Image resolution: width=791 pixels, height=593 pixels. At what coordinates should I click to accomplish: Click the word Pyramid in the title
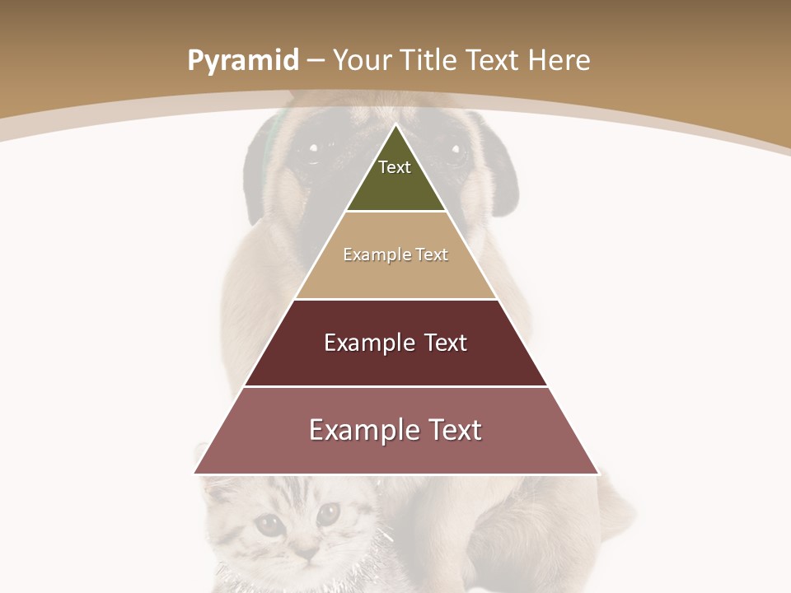click(x=242, y=61)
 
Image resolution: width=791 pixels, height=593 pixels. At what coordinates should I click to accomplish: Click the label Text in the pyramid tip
click(x=394, y=167)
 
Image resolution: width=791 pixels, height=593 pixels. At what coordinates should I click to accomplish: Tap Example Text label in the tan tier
click(x=395, y=254)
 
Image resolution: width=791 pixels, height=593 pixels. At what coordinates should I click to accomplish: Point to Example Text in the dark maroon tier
click(x=395, y=343)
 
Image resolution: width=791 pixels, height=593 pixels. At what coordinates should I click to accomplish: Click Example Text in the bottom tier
click(x=395, y=430)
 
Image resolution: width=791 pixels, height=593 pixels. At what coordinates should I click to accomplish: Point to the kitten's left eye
click(x=268, y=524)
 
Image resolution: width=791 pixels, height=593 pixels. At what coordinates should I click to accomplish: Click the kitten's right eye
click(x=328, y=514)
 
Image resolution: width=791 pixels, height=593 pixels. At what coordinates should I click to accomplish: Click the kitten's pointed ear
click(x=216, y=491)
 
